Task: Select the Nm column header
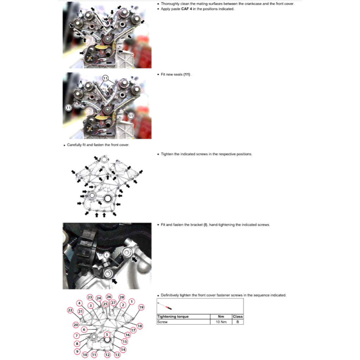click(x=221, y=316)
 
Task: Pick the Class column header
click(x=238, y=316)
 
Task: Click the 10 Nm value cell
click(x=221, y=322)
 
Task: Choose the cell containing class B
click(x=238, y=322)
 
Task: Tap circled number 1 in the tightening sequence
click(x=131, y=301)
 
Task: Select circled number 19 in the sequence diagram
click(x=141, y=307)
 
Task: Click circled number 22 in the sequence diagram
click(x=70, y=310)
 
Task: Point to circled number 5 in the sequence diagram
click(x=107, y=335)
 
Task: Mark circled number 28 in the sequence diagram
click(x=122, y=297)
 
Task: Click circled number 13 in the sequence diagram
click(x=117, y=355)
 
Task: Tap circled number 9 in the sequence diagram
click(x=77, y=351)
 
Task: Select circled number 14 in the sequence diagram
click(x=123, y=349)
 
